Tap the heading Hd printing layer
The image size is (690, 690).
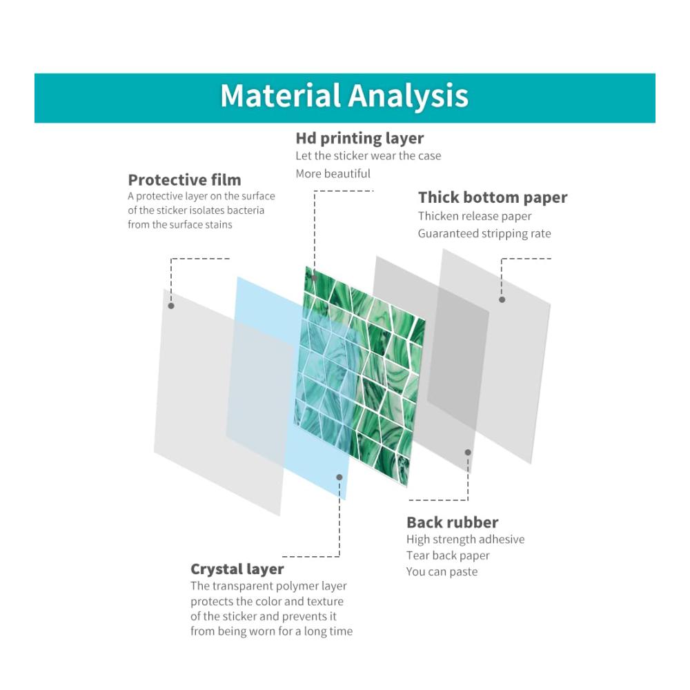point(359,138)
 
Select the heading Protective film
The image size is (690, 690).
point(184,180)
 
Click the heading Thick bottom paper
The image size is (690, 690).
point(493,197)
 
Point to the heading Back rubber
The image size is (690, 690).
point(453,522)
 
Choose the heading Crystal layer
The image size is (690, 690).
point(237,569)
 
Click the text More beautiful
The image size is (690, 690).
point(333,174)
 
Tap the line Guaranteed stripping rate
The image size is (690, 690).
point(484,234)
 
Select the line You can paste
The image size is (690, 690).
point(442,571)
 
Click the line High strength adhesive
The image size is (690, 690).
point(465,540)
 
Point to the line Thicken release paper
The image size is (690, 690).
point(475,216)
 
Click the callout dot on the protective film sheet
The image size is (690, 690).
point(171,306)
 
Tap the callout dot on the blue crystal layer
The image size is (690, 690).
point(339,477)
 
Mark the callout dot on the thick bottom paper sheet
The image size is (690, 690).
point(502,299)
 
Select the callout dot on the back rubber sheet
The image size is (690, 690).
point(468,453)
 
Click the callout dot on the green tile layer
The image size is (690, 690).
point(314,277)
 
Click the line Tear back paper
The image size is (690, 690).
point(448,555)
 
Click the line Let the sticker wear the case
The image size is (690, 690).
point(368,156)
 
